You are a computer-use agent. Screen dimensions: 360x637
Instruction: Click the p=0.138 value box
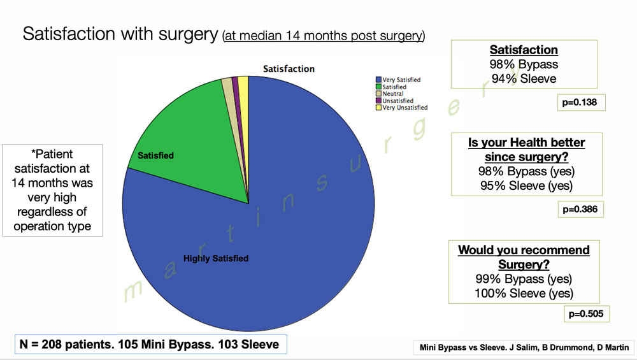(x=578, y=102)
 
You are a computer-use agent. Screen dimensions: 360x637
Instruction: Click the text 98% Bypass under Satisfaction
(x=524, y=64)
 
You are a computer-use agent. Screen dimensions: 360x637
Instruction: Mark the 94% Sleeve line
(x=524, y=78)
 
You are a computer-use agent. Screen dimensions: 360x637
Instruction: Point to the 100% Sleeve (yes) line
(x=524, y=293)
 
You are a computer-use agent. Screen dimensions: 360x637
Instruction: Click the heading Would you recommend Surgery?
(x=524, y=257)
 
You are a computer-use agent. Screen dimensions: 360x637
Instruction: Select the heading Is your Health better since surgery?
(x=526, y=150)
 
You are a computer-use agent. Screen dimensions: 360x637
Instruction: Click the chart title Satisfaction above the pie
(x=289, y=69)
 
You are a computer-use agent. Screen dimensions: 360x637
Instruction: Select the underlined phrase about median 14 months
(x=324, y=36)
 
